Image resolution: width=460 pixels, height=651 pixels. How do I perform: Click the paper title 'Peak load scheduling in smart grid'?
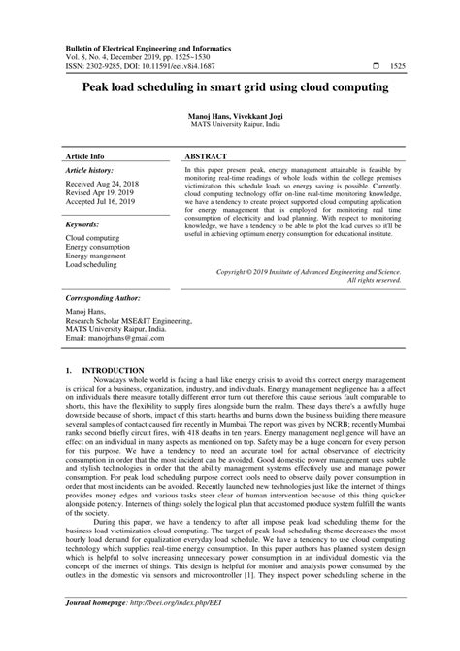pyautogui.click(x=229, y=86)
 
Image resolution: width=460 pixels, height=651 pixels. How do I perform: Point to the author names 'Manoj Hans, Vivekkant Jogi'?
pyautogui.click(x=230, y=116)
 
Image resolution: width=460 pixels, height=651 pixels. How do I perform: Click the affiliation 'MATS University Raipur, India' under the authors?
pyautogui.click(x=230, y=125)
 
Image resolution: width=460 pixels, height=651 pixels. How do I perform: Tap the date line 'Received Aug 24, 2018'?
pyautogui.click(x=104, y=184)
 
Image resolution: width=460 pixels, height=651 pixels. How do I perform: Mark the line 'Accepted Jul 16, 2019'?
pyautogui.click(x=103, y=204)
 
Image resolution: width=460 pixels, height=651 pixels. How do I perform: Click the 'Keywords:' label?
pyautogui.click(x=86, y=223)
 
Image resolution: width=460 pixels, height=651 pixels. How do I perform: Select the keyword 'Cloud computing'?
pyautogui.click(x=93, y=237)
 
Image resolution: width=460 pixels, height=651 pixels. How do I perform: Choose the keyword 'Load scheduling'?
pyautogui.click(x=91, y=265)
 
